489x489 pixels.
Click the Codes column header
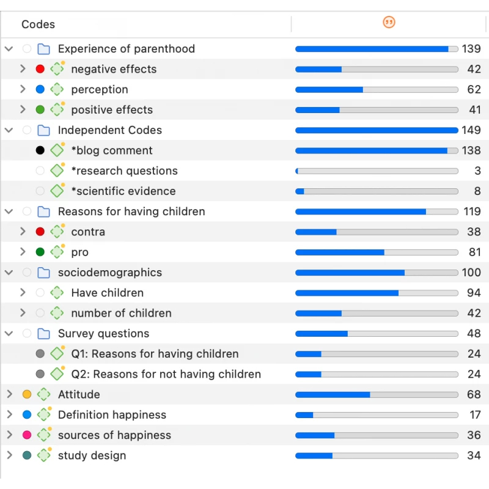pos(38,24)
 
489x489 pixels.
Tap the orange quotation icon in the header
pos(389,23)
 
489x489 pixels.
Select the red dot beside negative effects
pos(40,69)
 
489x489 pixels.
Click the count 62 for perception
pos(474,89)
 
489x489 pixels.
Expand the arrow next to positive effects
pos(23,109)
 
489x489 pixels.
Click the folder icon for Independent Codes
pos(43,130)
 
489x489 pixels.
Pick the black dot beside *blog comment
pos(40,150)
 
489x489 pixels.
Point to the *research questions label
pos(124,171)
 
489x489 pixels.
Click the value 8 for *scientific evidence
pos(477,191)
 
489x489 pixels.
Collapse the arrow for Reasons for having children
pos(9,211)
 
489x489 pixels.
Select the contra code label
pos(88,232)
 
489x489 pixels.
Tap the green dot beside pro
pos(40,252)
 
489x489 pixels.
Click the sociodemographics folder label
pos(110,273)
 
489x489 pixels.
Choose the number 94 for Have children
pos(474,293)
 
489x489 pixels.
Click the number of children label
pos(121,313)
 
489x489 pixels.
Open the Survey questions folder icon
pos(43,334)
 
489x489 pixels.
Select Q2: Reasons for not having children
pos(166,374)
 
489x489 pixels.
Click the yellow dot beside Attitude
pos(27,394)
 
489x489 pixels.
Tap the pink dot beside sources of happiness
pos(27,435)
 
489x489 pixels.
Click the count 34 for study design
pos(474,455)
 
